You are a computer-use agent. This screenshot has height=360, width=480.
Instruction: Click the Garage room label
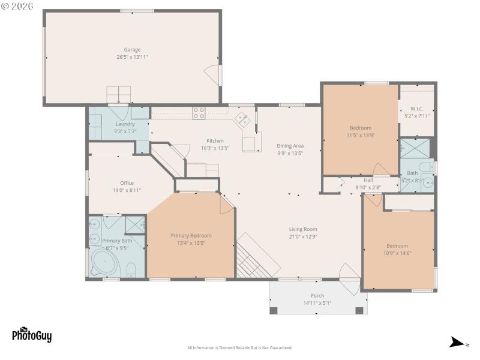(x=132, y=50)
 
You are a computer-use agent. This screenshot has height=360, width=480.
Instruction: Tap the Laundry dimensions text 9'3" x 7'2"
(x=125, y=131)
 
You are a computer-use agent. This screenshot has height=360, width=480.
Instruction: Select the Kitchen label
(x=215, y=141)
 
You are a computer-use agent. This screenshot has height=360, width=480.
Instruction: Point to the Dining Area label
(x=290, y=146)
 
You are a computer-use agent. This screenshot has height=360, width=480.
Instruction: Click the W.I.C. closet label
(x=417, y=109)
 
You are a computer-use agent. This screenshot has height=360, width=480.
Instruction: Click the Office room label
(x=127, y=183)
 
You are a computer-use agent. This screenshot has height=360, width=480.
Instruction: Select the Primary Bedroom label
(x=191, y=236)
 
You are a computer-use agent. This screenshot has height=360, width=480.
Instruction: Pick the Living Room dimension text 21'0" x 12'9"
(x=302, y=236)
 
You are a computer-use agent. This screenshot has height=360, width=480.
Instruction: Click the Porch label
(x=317, y=296)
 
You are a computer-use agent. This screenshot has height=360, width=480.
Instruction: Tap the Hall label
(x=368, y=180)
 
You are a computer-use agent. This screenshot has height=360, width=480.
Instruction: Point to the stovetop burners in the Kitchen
(x=199, y=113)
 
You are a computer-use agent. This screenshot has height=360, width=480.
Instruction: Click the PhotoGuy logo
(x=32, y=334)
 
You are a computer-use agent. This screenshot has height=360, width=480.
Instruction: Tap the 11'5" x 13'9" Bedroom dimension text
(x=361, y=135)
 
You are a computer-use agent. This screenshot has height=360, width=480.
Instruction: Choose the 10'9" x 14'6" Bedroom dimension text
(x=397, y=253)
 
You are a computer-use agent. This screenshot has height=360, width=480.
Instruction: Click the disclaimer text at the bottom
(x=240, y=348)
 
